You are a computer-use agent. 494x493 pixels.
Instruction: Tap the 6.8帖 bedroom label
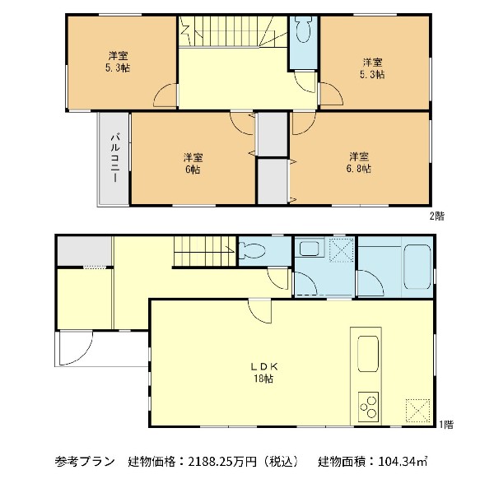tap(358, 162)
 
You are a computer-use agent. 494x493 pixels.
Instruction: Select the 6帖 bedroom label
tap(193, 163)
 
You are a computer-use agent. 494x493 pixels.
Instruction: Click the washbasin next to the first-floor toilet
tap(310, 249)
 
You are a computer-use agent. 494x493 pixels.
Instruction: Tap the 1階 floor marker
tap(445, 425)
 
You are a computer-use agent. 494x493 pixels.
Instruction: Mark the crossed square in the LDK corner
tap(419, 409)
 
